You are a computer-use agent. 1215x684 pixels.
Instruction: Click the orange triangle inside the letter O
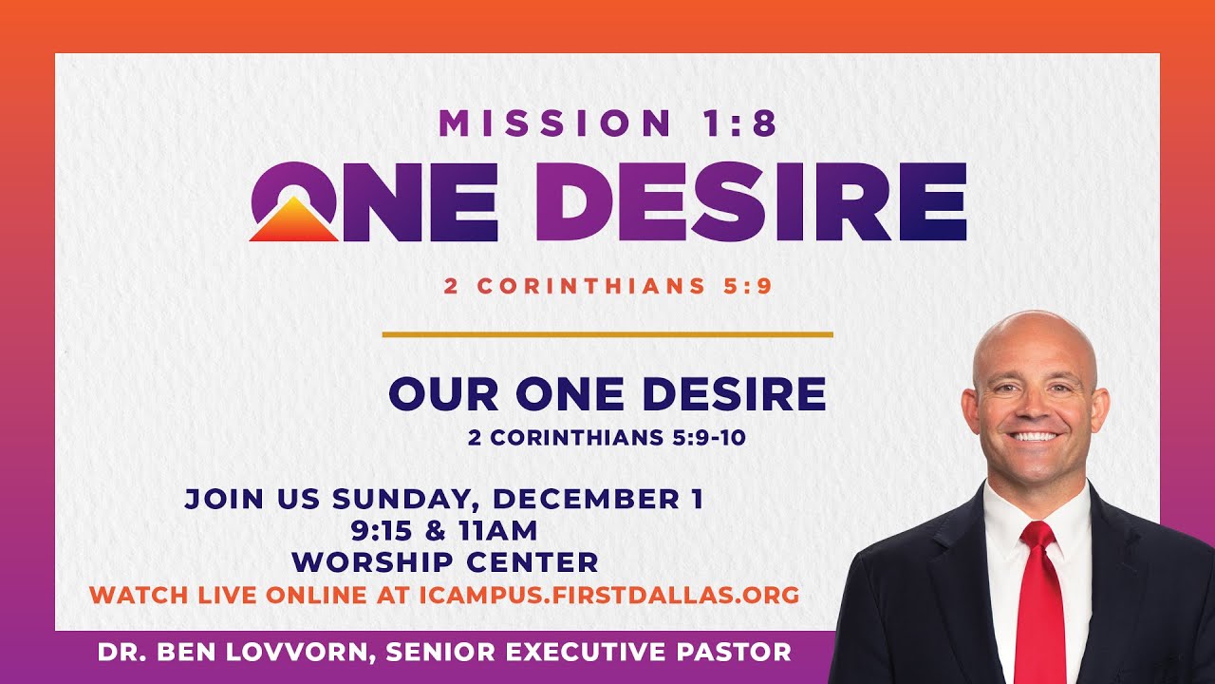tap(293, 221)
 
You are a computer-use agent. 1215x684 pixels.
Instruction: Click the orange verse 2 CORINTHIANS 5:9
tap(607, 286)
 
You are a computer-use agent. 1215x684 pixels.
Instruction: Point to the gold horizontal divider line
tap(607, 334)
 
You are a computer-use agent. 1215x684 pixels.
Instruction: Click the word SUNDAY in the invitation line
tap(408, 500)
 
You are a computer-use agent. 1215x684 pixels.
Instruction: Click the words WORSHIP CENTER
tap(445, 561)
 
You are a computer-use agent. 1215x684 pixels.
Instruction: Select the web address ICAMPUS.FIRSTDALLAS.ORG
tap(608, 596)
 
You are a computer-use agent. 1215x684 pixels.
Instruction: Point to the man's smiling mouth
tap(1036, 438)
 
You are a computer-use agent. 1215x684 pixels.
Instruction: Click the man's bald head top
tap(1034, 328)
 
